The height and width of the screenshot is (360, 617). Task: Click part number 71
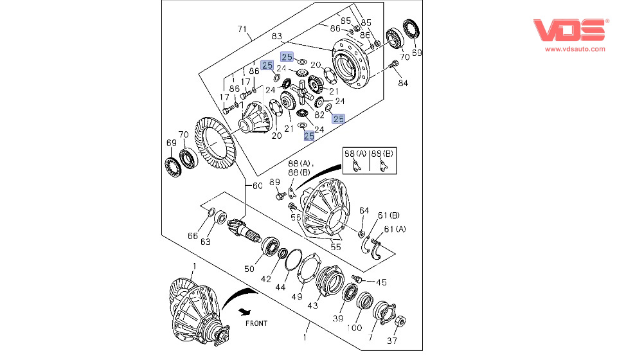242,29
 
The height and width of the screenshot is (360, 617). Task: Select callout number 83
277,36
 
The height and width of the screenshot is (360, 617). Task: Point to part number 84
402,83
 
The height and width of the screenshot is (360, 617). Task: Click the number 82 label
320,114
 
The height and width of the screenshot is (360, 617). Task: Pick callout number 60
257,186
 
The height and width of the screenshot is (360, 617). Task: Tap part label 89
273,182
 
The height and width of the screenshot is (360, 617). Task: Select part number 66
193,235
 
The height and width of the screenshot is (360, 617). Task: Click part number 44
280,287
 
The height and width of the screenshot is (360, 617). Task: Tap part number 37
392,341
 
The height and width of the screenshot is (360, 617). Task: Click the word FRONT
256,323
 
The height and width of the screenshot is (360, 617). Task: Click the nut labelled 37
398,320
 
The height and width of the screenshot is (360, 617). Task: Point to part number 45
381,282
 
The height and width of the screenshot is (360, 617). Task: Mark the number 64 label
364,210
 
